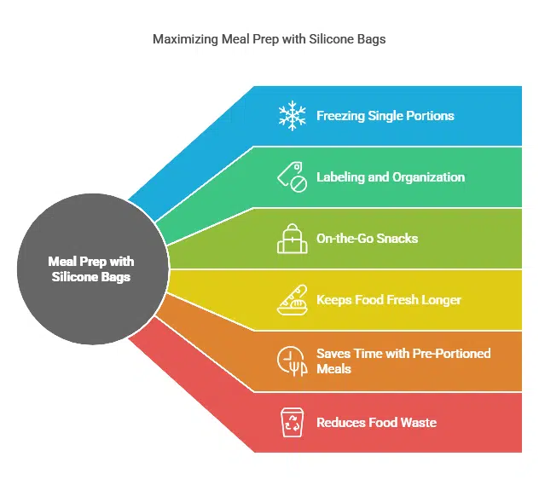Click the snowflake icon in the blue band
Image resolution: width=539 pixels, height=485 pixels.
[293, 116]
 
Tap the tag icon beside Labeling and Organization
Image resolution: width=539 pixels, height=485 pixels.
[293, 177]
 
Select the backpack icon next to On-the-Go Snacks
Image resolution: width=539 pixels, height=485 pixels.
[293, 239]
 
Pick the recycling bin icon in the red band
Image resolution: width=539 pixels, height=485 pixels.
[293, 423]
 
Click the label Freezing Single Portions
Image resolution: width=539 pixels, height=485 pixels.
[385, 116]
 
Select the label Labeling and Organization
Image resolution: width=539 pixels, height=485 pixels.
[391, 177]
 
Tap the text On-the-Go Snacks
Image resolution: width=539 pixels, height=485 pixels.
[367, 239]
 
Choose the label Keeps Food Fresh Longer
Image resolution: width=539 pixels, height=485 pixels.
[389, 300]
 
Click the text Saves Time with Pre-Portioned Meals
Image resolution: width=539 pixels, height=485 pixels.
[403, 361]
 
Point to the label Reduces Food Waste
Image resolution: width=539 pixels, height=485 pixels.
[376, 423]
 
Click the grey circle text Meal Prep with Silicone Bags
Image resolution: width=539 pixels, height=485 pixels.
[91, 269]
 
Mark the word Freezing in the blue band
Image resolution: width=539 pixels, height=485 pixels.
[341, 116]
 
